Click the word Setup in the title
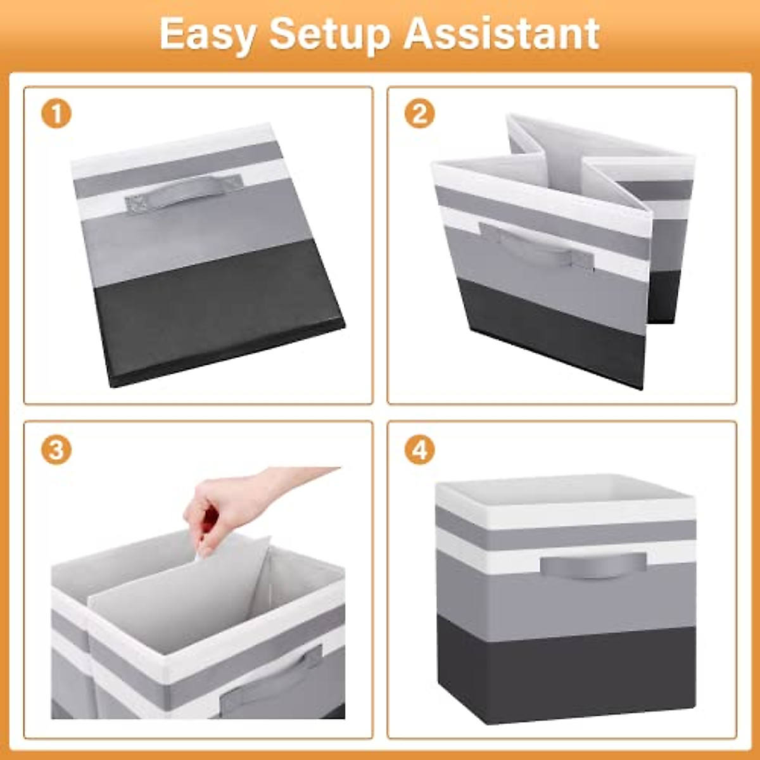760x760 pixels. coord(329,35)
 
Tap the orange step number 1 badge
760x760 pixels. coord(56,115)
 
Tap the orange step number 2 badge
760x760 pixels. coord(419,115)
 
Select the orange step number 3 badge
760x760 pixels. coord(56,450)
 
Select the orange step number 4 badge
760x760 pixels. coord(419,450)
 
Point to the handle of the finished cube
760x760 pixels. coord(593,564)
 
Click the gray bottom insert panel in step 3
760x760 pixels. coord(184,595)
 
